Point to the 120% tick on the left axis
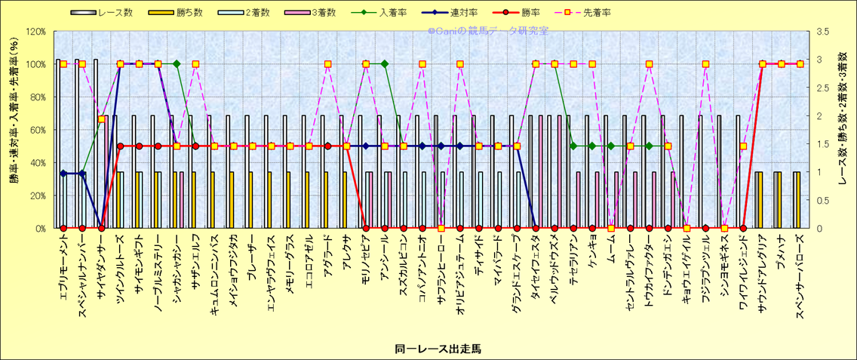pyautogui.click(x=35, y=31)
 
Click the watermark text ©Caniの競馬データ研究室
pyautogui.click(x=487, y=31)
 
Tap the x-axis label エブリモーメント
pyautogui.click(x=64, y=268)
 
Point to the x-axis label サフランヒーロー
pyautogui.click(x=441, y=268)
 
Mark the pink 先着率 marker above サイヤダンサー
pyautogui.click(x=101, y=119)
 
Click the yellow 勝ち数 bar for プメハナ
pyautogui.click(x=778, y=200)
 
